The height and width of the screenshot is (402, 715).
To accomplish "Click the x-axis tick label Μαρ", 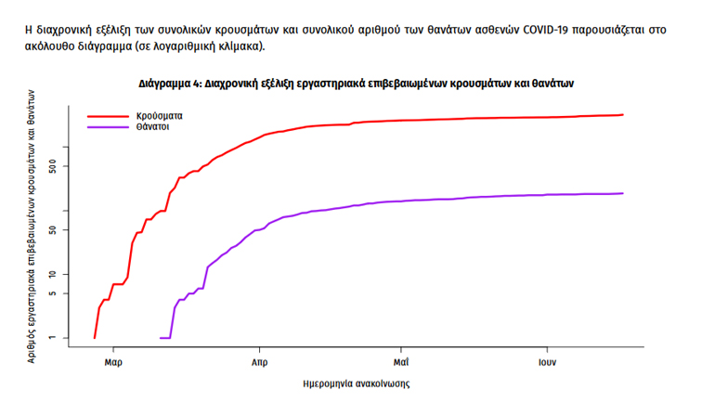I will point(113,360).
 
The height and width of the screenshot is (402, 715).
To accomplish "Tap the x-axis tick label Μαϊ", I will point(401,360).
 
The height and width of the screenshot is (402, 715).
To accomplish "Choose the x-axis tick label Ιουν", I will point(545,360).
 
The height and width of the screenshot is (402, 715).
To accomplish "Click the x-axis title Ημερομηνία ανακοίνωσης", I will point(357,383).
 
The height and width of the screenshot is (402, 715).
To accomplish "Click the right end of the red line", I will point(623,114).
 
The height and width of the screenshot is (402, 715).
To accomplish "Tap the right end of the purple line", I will point(623,193).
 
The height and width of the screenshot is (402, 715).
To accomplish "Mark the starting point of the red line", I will point(95,337).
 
